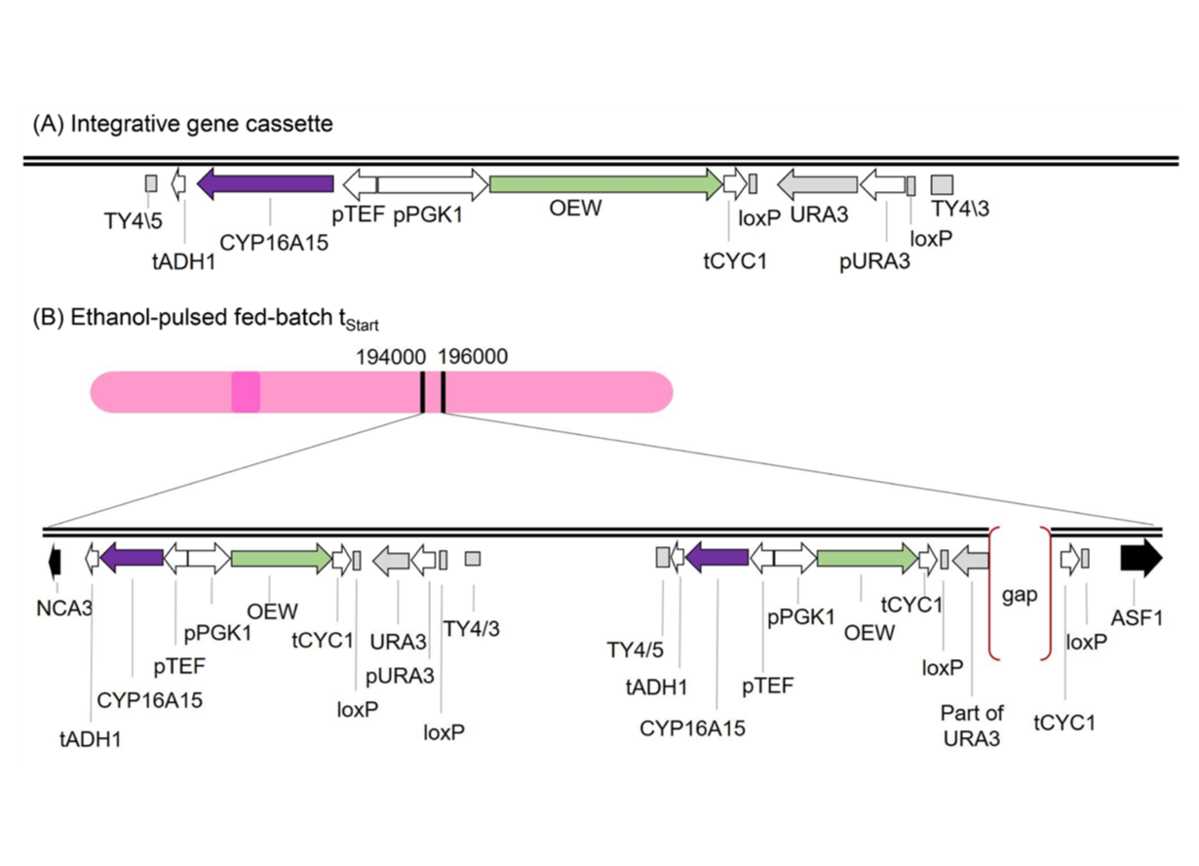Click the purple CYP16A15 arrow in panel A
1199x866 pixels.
(x=265, y=183)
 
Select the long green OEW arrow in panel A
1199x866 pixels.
(x=604, y=183)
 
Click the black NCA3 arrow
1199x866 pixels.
(x=55, y=560)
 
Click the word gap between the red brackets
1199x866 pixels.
(x=1020, y=595)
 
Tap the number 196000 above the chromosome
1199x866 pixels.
(x=473, y=357)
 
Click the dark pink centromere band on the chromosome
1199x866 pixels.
(x=246, y=392)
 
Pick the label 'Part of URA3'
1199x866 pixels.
(x=972, y=726)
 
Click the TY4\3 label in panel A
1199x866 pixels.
(x=960, y=208)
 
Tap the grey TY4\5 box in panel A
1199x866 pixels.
(x=151, y=183)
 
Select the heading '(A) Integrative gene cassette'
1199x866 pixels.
(x=182, y=124)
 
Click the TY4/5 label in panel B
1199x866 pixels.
(x=635, y=649)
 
